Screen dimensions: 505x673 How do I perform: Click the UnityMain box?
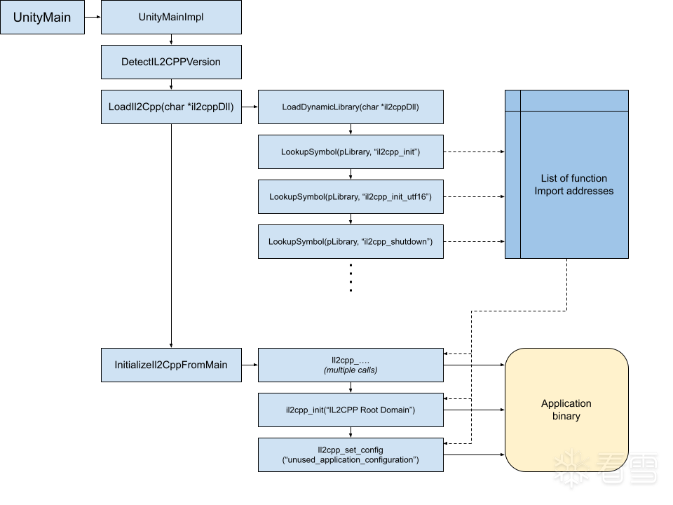tap(42, 18)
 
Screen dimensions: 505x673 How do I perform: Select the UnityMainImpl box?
tap(171, 18)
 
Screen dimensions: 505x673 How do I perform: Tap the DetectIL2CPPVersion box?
tap(171, 62)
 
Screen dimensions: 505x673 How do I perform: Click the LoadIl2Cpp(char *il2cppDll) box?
tap(171, 107)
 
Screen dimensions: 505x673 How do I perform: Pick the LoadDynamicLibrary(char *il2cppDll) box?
tap(351, 107)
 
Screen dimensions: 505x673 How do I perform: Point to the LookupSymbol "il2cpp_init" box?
tap(351, 152)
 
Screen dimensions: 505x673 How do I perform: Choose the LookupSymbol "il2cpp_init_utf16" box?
tap(351, 197)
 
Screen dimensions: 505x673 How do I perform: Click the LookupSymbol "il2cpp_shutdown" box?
tap(351, 242)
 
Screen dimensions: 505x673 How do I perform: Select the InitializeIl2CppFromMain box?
tap(171, 365)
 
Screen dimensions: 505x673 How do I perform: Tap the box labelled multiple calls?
tap(351, 365)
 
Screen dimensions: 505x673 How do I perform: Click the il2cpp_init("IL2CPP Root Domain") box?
tap(351, 410)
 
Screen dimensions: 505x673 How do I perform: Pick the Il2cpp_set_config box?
tap(351, 455)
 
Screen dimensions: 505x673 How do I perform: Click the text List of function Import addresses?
tap(574, 185)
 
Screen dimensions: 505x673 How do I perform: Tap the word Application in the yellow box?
tap(566, 404)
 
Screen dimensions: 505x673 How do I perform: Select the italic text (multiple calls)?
tap(351, 370)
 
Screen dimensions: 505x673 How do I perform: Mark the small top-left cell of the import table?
tap(513, 101)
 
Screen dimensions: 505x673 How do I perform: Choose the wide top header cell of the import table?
tap(574, 101)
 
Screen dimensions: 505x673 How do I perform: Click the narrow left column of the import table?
tap(513, 185)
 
